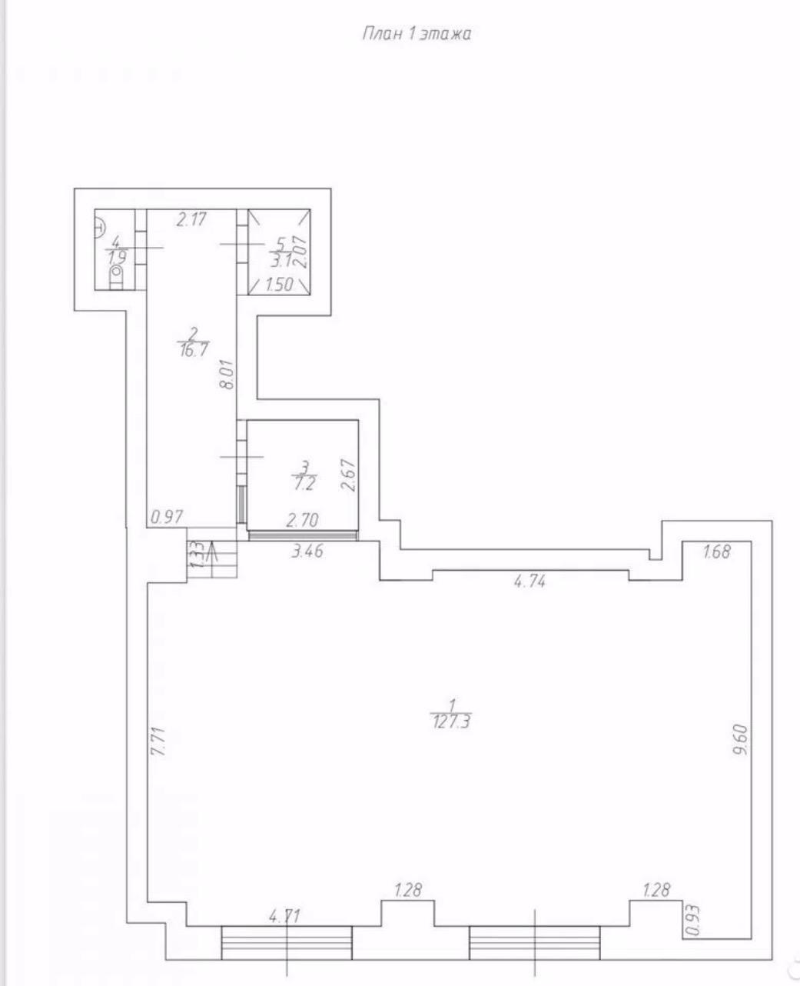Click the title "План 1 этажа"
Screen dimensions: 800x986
[417, 35]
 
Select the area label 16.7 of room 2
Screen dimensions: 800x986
[192, 350]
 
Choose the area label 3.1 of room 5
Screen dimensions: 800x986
[281, 261]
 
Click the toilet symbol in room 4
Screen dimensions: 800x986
[117, 278]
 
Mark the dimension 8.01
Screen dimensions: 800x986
[228, 375]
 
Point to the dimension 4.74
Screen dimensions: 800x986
[529, 581]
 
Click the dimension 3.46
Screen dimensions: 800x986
[307, 551]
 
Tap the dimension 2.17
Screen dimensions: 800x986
[191, 219]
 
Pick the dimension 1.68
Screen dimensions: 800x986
[717, 551]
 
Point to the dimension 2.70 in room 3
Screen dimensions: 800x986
[303, 521]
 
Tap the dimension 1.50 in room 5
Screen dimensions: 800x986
[279, 285]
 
